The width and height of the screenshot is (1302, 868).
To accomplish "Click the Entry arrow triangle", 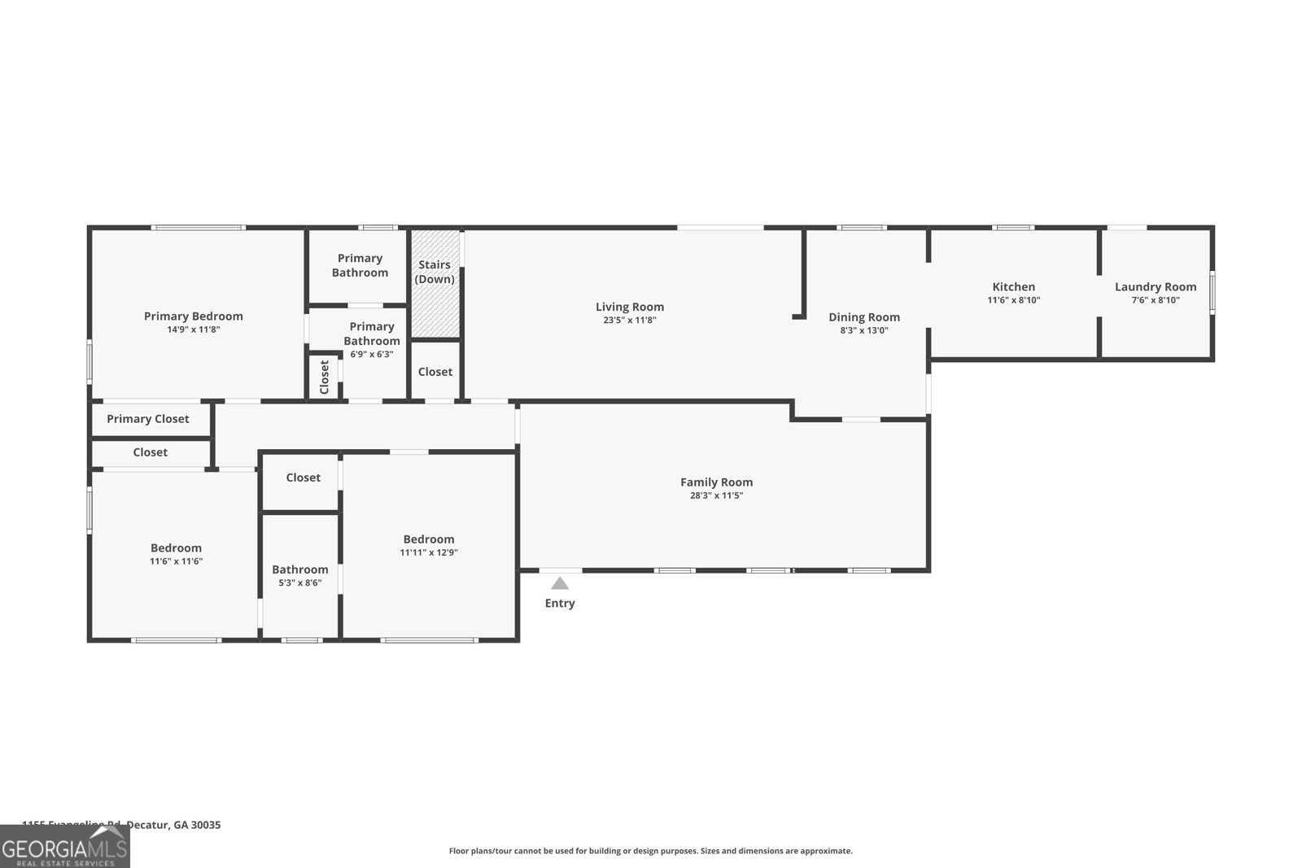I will coord(560,583).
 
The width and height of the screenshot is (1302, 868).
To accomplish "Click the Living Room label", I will coord(630,307).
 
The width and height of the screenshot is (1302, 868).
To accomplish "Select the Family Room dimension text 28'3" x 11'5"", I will coord(716,495).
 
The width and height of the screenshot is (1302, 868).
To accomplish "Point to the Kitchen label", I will coord(1013,286).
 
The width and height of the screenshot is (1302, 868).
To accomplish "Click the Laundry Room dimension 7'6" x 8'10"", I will coord(1155,300).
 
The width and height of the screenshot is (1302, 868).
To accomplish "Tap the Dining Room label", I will coord(864,317).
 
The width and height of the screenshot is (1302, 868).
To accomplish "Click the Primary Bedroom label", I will coord(194,316).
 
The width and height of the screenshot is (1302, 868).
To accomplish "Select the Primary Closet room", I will coord(148,419).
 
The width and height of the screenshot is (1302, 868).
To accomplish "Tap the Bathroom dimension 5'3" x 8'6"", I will coord(300,582).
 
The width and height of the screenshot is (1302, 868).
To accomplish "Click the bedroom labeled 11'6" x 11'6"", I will coord(175,553).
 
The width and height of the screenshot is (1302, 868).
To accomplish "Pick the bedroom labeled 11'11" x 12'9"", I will coord(429,545).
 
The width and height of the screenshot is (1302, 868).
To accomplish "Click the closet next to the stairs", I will coord(435,372).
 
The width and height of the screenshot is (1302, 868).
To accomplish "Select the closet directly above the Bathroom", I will coord(303,478).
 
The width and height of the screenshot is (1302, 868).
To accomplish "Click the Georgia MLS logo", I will coord(65,848).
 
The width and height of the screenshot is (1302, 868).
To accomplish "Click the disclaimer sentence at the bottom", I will coord(650,851).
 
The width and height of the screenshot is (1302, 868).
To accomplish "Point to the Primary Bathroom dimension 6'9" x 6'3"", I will coord(371,354).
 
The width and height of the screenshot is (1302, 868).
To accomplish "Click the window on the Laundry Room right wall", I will coord(1211,293).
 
